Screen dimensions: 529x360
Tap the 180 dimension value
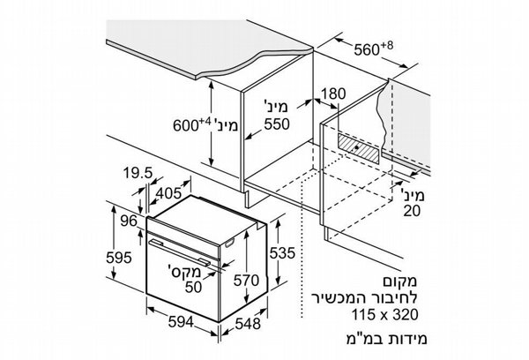point(333,94)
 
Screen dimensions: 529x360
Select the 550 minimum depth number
point(277,124)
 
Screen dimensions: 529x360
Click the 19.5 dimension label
point(138,173)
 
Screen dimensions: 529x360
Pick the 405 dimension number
point(168,193)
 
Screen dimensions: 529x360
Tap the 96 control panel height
point(130,221)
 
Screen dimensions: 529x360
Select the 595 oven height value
point(119,258)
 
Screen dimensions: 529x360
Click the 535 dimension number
point(282,253)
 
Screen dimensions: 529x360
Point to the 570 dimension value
point(247,281)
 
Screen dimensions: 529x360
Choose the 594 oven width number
point(181,322)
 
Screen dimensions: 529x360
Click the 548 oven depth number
point(248,324)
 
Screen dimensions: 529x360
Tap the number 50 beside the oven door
point(193,287)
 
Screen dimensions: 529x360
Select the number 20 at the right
point(413,211)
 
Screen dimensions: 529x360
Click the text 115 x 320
point(385,314)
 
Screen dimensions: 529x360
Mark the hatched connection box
point(358,148)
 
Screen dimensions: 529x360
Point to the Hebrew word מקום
point(400,281)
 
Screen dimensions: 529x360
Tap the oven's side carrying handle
point(229,243)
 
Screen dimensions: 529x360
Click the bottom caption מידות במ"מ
point(386,339)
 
